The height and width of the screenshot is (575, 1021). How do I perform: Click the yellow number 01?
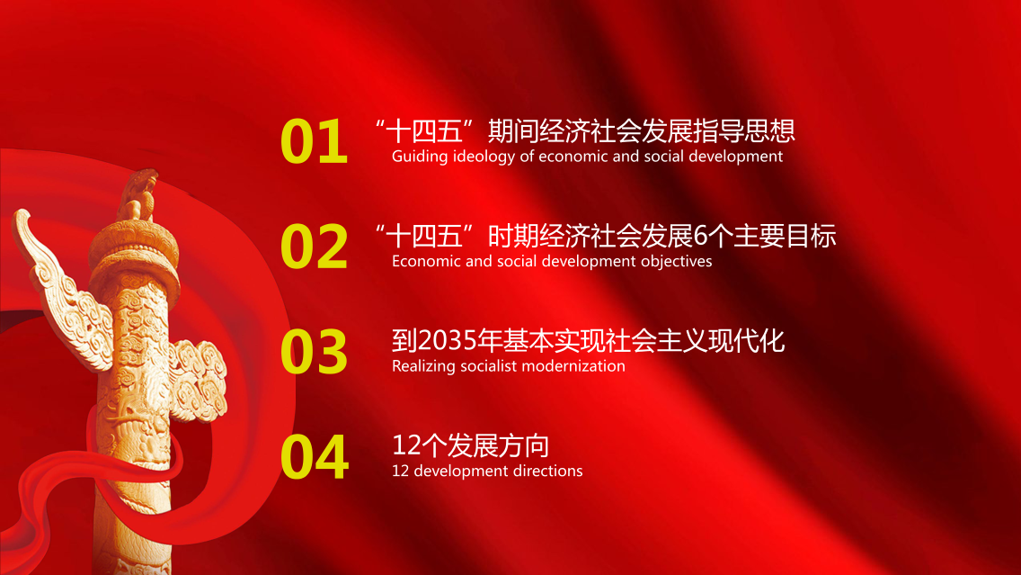click(x=314, y=140)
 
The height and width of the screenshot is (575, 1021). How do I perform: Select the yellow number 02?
click(x=314, y=246)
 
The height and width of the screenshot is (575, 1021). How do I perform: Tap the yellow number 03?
click(x=314, y=351)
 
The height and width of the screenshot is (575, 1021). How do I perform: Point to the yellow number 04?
click(x=315, y=456)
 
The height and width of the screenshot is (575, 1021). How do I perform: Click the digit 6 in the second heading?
click(x=700, y=236)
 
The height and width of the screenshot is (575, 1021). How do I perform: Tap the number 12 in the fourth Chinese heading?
click(x=405, y=446)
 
